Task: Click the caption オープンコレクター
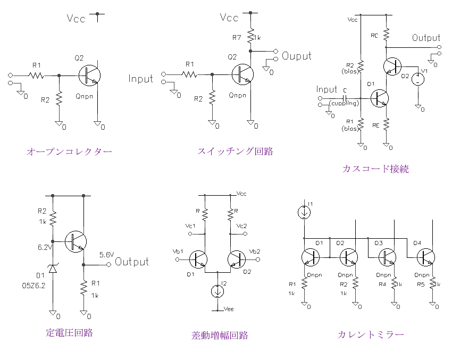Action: [x=69, y=152]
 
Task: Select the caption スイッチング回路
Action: [x=235, y=151]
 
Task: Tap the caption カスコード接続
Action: [x=376, y=169]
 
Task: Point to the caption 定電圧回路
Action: [x=69, y=333]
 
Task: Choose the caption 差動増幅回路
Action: [x=220, y=336]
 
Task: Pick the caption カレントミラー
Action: [x=371, y=334]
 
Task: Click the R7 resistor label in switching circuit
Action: [x=237, y=38]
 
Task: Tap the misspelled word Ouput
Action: [x=297, y=56]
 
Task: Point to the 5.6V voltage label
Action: [x=106, y=255]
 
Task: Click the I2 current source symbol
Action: [x=217, y=291]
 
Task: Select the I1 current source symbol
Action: [x=304, y=212]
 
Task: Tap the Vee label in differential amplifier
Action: [x=229, y=308]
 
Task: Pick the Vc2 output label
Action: [x=241, y=226]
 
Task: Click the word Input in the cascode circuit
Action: [x=327, y=89]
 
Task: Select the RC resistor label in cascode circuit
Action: [x=375, y=35]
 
